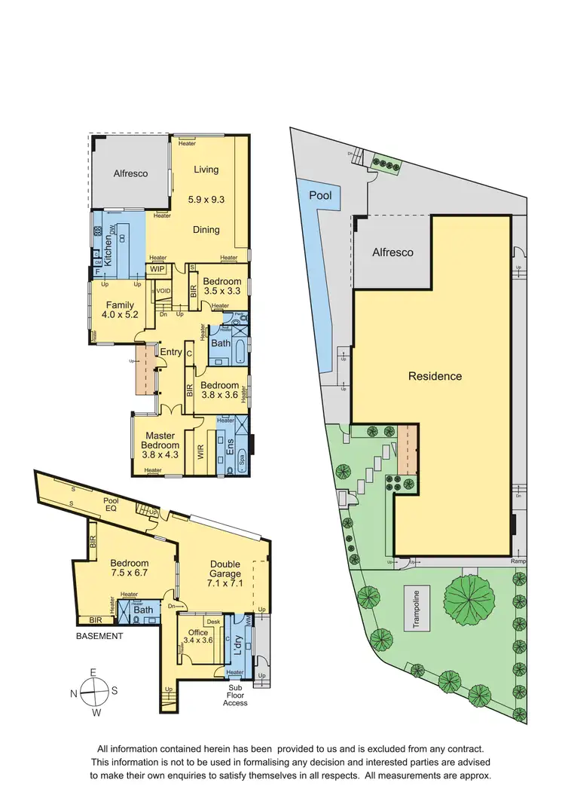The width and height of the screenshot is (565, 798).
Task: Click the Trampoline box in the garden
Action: (420, 607)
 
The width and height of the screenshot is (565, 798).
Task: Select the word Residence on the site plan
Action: (435, 376)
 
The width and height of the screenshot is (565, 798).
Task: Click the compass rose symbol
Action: (94, 688)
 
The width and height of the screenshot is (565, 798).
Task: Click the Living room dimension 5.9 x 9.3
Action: (206, 200)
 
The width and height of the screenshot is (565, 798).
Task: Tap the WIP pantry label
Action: (157, 268)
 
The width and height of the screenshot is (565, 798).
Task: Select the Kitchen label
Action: (108, 248)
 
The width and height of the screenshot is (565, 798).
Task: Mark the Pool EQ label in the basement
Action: (111, 505)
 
